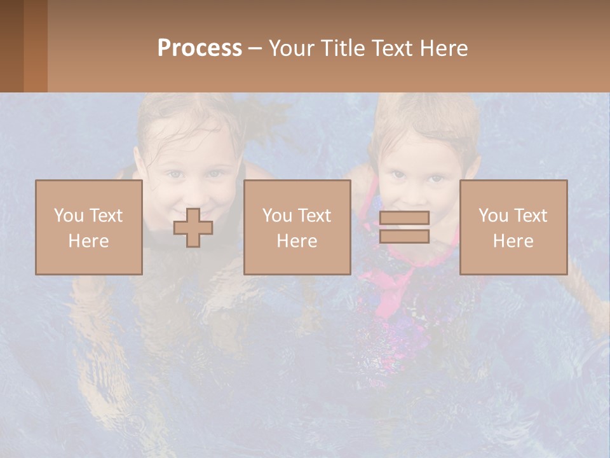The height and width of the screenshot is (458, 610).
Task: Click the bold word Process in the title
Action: click(200, 48)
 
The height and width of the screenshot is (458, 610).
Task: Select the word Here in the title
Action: click(444, 48)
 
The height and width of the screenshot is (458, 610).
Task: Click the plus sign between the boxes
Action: click(193, 228)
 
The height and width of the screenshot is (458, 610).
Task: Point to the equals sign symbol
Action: click(404, 227)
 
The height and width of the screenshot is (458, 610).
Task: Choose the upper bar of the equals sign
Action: click(404, 218)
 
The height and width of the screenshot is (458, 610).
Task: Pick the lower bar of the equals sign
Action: click(404, 236)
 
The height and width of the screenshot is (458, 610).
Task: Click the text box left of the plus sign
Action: click(88, 227)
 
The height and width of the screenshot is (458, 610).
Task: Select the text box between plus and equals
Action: click(297, 227)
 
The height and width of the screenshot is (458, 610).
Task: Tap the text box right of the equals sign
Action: click(513, 227)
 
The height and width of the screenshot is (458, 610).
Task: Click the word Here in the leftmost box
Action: click(88, 241)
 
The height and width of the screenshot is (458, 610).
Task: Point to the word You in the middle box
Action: click(277, 216)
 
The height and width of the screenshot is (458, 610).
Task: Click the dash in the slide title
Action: click(255, 48)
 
